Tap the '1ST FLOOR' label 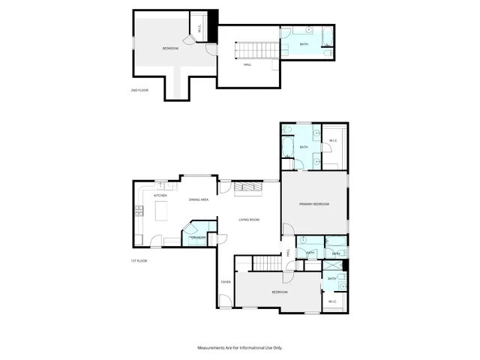pyautogui.click(x=137, y=260)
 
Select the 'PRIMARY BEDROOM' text pyautogui.click(x=314, y=204)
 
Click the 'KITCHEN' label pyautogui.click(x=160, y=195)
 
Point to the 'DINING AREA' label pyautogui.click(x=199, y=199)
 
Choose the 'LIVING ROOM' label pyautogui.click(x=249, y=220)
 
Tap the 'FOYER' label pyautogui.click(x=225, y=282)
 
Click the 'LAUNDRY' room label pyautogui.click(x=198, y=238)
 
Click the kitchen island pyautogui.click(x=161, y=214)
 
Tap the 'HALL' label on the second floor pyautogui.click(x=247, y=64)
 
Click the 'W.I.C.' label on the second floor pyautogui.click(x=199, y=28)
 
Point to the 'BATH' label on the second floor pyautogui.click(x=304, y=44)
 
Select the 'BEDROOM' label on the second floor pyautogui.click(x=170, y=49)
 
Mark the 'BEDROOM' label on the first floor pyautogui.click(x=279, y=292)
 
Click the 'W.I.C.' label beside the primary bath pyautogui.click(x=334, y=142)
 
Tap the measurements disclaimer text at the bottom pyautogui.click(x=240, y=348)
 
